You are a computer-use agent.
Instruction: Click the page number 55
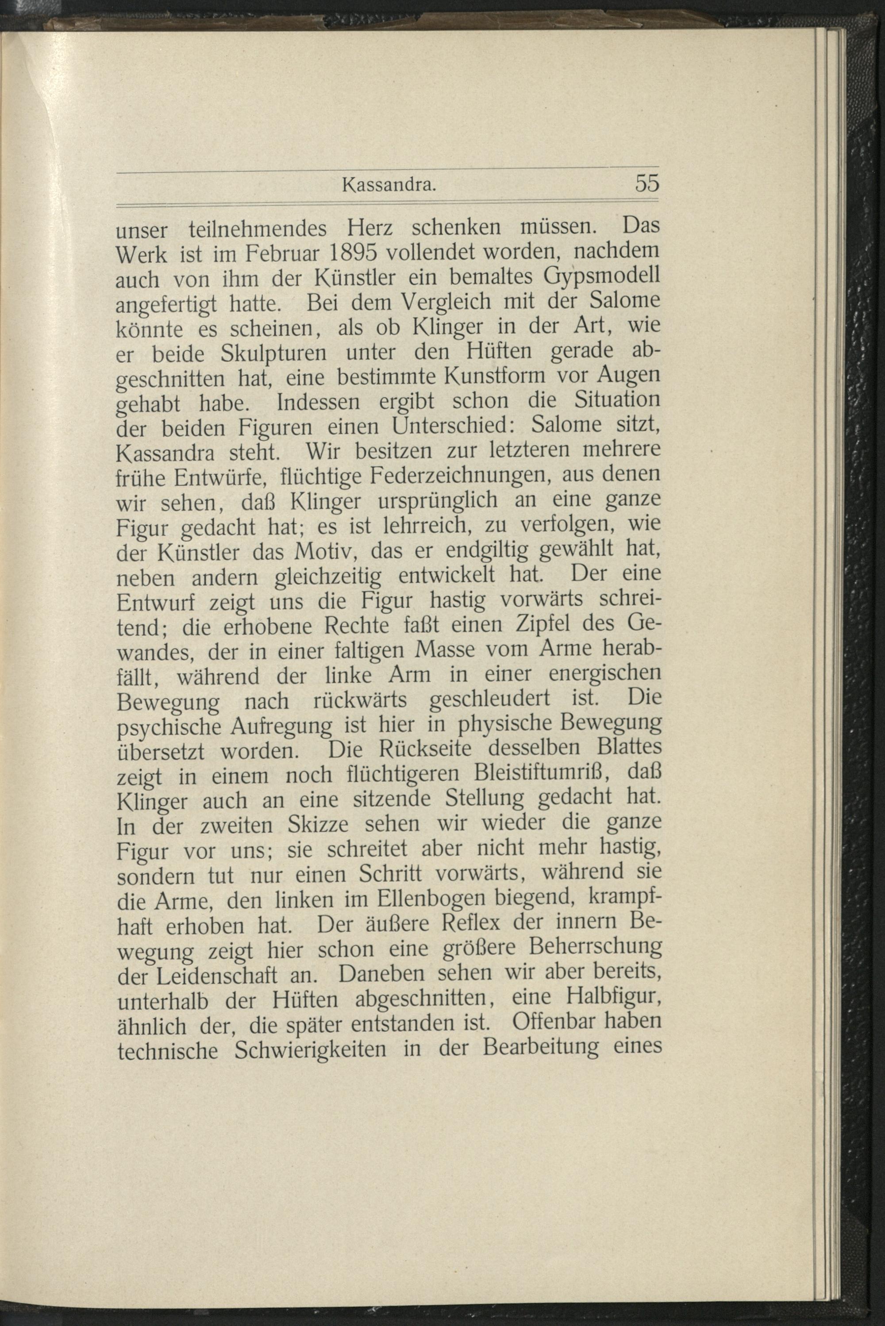pos(647,184)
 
